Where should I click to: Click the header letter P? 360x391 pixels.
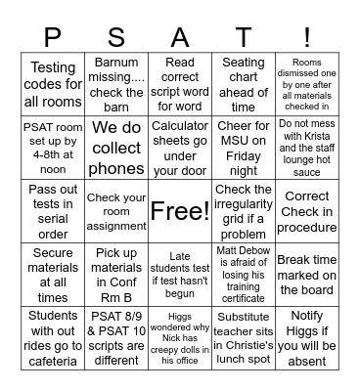tap(53, 37)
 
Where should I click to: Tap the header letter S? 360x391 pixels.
tap(116, 37)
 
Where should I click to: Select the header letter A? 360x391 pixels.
tap(180, 37)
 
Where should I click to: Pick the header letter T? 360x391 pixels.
tap(244, 37)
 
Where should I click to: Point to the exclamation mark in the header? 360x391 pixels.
tap(307, 37)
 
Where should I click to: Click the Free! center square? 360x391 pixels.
tap(180, 211)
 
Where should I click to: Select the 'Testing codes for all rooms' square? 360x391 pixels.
tap(53, 84)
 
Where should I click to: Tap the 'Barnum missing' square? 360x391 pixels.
tap(116, 84)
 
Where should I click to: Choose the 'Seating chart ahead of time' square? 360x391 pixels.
tap(244, 84)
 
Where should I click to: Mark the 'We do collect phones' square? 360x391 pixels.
tap(116, 148)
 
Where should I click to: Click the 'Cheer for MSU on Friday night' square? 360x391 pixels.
tap(244, 148)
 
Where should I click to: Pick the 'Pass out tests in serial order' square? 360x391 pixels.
tap(53, 211)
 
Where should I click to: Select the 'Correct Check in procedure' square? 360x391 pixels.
tap(307, 211)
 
